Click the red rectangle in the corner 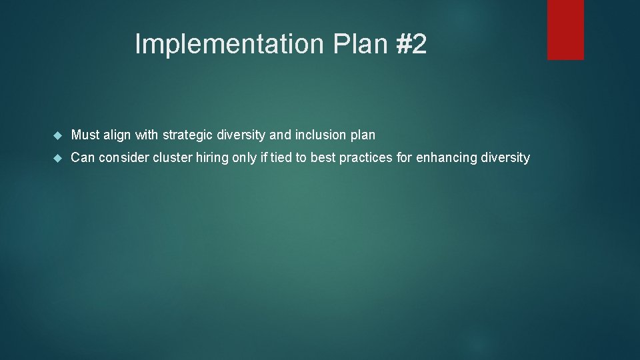[x=565, y=29]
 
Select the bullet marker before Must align [x=57, y=135]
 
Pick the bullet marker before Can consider [x=57, y=158]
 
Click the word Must [x=85, y=135]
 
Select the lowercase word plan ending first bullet [x=363, y=135]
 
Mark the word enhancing [x=445, y=158]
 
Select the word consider [x=124, y=158]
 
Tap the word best [x=323, y=158]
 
